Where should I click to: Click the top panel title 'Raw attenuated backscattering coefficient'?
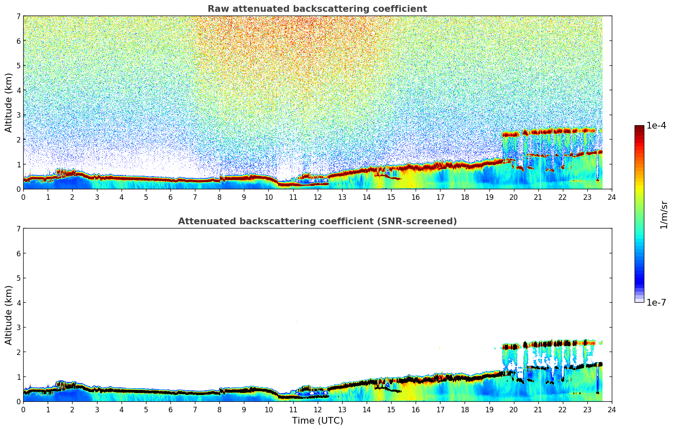[317, 9]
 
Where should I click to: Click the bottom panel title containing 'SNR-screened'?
[317, 221]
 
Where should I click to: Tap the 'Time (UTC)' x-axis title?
[317, 421]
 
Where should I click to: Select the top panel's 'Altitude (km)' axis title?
[9, 102]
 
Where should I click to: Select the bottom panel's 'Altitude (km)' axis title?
[9, 315]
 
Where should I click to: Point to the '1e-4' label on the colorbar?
[656, 126]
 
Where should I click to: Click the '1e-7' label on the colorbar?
[656, 302]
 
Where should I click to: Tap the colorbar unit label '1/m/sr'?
[663, 215]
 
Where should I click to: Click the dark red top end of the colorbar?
[639, 127]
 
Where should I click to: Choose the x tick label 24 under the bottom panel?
[611, 409]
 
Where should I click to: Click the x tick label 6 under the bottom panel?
[170, 409]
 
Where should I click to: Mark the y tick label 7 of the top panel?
[19, 16]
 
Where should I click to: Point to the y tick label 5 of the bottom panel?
[19, 278]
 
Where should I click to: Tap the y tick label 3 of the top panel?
[19, 115]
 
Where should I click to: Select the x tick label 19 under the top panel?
[489, 197]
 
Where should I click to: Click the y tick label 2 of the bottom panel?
[19, 352]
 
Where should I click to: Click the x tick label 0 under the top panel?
[23, 197]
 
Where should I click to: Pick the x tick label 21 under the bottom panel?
[538, 409]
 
